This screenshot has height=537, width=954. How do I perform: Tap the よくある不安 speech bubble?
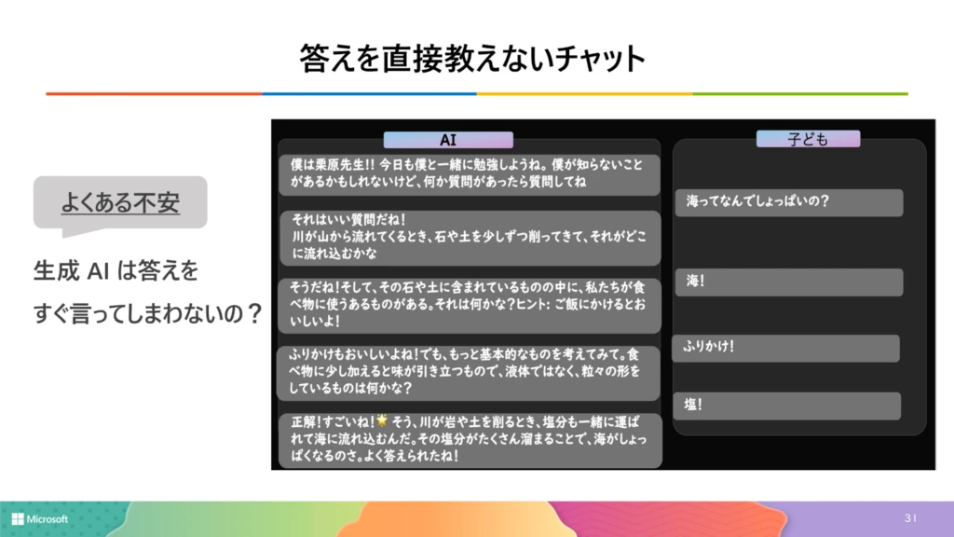119,201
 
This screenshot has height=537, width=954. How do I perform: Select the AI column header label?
448,140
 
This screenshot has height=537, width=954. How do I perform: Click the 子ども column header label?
807,140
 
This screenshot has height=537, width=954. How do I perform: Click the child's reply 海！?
788,281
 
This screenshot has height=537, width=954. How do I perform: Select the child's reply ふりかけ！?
785,347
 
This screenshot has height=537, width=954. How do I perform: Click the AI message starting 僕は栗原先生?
469,174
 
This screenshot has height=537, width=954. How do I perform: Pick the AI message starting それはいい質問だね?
469,237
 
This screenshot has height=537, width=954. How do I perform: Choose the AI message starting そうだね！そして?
469,303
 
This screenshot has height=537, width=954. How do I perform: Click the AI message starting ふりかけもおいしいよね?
469,371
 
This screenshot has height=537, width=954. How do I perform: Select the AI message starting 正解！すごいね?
469,439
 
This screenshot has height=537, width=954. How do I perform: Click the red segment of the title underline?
154,94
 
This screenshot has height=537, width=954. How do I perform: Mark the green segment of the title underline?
799,94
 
